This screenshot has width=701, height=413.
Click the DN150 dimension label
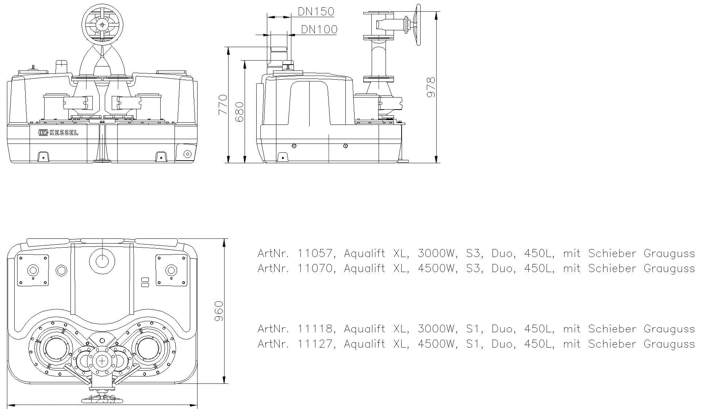tap(316, 12)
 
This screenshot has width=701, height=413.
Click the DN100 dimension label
tap(319, 29)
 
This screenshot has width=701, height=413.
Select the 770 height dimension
tap(223, 105)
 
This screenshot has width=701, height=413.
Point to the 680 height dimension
tap(239, 112)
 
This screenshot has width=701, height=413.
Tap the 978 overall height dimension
tap(431, 87)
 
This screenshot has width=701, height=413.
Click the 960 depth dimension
tap(218, 311)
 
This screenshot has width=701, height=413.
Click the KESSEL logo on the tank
tap(58, 133)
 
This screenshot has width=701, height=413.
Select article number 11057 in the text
tap(314, 253)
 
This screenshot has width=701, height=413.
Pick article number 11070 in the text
tap(314, 268)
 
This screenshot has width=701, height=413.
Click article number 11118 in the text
tap(314, 329)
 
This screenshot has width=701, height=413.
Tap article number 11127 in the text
tap(314, 344)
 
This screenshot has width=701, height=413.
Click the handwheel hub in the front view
tap(103, 24)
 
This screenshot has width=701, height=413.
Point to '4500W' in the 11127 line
tap(437, 344)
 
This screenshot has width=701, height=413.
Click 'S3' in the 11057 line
tap(474, 253)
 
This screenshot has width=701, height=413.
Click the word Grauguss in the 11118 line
tap(669, 329)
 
